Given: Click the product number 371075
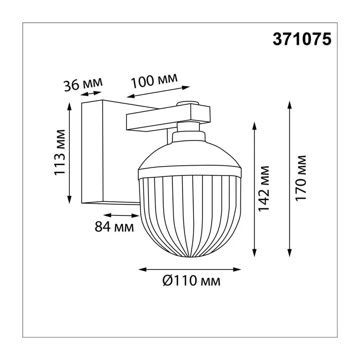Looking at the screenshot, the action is pos(302,39).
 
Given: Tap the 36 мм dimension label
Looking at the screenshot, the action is pos(83,84).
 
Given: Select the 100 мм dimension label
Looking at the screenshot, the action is pos(154,81).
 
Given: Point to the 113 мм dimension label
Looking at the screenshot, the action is pos(60,153).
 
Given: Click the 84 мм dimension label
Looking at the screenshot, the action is pos(114,227).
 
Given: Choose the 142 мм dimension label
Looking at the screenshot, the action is pos(263,189).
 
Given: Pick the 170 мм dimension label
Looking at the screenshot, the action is pos(301,178).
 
